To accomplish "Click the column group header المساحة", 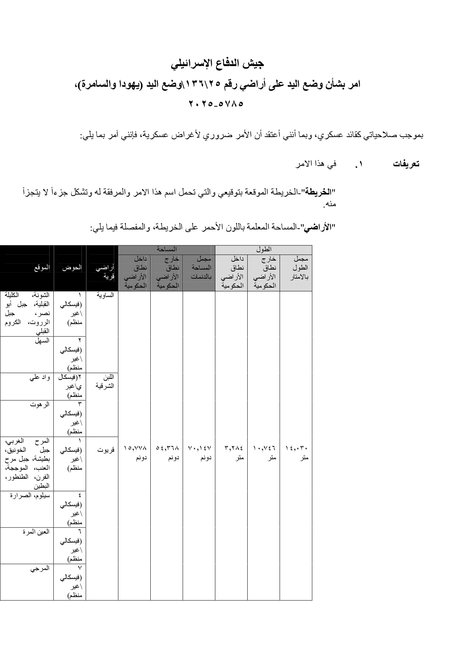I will pyautogui.click(x=167, y=249).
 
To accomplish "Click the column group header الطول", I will pyautogui.click(x=263, y=249).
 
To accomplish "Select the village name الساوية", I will pyautogui.click(x=106, y=295).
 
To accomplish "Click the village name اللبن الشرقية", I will pyautogui.click(x=105, y=382).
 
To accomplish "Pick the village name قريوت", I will pyautogui.click(x=106, y=449).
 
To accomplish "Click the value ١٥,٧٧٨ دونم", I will pyautogui.click(x=135, y=453).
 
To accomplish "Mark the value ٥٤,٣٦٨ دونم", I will pyautogui.click(x=167, y=453).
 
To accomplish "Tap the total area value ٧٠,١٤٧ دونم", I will pyautogui.click(x=199, y=453).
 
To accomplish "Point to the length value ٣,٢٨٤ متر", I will pyautogui.click(x=233, y=453).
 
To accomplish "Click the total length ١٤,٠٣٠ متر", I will pyautogui.click(x=297, y=453).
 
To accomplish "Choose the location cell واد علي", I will pyautogui.click(x=40, y=378).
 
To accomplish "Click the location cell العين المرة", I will pyautogui.click(x=36, y=532).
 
